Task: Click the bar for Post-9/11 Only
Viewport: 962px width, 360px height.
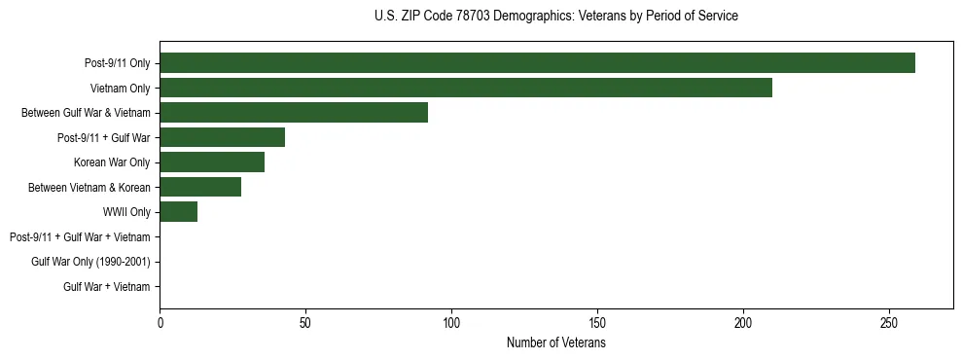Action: coord(537,63)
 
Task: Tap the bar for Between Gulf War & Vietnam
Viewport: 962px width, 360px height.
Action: coord(294,113)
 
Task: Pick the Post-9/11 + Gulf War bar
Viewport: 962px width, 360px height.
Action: coord(223,137)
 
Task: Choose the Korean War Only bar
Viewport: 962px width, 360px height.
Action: coord(212,162)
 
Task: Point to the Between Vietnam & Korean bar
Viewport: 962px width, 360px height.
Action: coord(200,187)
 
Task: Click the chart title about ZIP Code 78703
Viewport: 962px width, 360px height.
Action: coord(555,17)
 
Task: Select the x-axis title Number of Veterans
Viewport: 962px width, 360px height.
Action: coord(555,343)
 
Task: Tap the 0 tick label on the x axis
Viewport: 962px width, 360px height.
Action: coord(160,322)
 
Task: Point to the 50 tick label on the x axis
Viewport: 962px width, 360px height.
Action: coord(305,322)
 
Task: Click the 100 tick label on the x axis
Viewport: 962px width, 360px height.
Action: coord(451,322)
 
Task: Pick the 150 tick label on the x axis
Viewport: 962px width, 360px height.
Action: coord(597,322)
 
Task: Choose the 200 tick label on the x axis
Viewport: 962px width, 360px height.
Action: coord(743,322)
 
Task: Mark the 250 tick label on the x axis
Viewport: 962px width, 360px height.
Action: coord(889,322)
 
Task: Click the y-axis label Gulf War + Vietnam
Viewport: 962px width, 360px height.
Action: coord(107,287)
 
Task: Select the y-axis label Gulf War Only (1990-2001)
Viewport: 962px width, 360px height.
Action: coord(90,262)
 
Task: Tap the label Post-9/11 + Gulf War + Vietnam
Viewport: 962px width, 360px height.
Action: coord(80,237)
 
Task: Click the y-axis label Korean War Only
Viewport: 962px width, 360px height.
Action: coord(112,162)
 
